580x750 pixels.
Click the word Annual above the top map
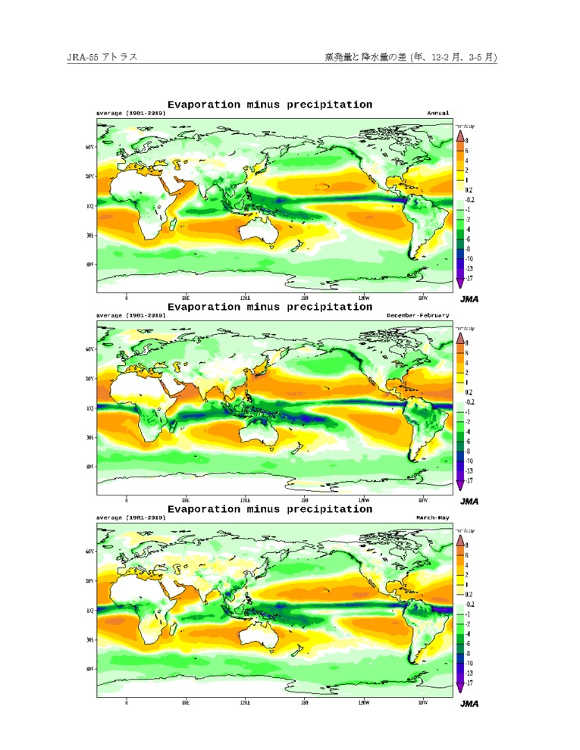pos(437,113)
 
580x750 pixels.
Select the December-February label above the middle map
pos(418,314)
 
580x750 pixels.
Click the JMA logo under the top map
pos(469,299)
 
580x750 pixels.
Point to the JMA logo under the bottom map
pos(469,704)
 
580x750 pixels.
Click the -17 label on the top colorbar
pos(469,279)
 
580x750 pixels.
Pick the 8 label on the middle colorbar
pos(466,343)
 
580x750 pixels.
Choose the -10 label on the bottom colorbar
pos(469,663)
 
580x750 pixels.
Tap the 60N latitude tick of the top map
pos(89,147)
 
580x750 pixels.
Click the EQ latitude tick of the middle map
pos(90,408)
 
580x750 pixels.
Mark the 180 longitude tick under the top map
pos(304,298)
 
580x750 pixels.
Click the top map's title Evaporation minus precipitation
pos(269,105)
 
